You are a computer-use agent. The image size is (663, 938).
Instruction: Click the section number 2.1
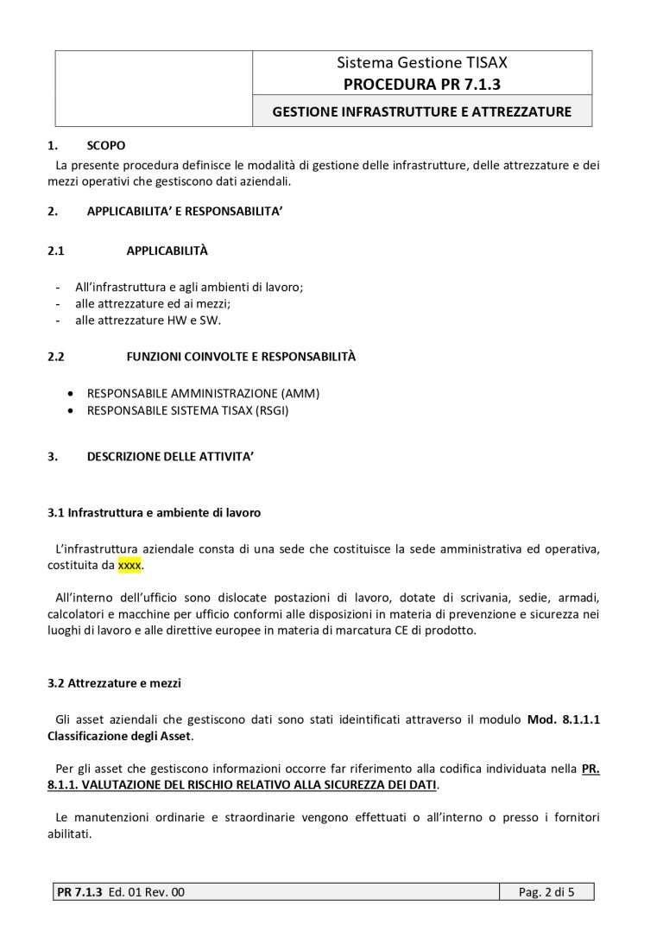(56, 250)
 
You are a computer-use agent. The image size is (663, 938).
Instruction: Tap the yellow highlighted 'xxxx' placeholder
(129, 565)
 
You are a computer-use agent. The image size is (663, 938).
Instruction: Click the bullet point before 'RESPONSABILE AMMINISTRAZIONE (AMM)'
(70, 393)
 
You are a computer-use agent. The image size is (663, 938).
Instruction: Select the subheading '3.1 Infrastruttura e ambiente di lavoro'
(154, 512)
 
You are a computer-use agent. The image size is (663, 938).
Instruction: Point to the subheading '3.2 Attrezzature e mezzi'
(114, 683)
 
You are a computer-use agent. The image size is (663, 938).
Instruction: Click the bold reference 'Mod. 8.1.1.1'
(564, 719)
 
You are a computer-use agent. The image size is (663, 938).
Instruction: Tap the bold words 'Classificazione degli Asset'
(121, 736)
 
